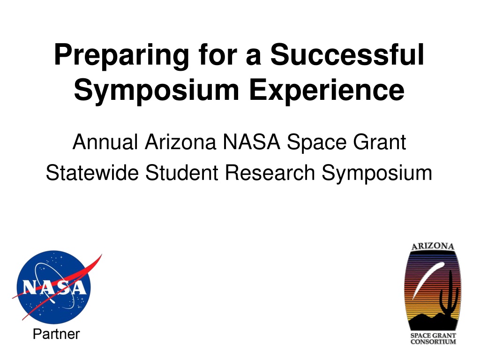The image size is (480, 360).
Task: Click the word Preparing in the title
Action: [x=121, y=56]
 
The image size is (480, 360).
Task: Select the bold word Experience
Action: [x=327, y=91]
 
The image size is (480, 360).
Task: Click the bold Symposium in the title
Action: [x=157, y=91]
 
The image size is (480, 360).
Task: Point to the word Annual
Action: [x=105, y=142]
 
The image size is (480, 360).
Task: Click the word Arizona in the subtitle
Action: [x=180, y=142]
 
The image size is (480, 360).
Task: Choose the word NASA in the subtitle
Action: [x=251, y=142]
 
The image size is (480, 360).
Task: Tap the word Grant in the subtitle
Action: [x=380, y=142]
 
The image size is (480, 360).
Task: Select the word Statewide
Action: [x=92, y=173]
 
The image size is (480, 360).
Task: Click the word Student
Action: [x=182, y=173]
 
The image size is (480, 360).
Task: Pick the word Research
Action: [x=270, y=173]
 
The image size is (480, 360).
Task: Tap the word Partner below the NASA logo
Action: [x=56, y=334]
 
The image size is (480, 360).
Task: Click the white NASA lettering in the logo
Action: [x=54, y=288]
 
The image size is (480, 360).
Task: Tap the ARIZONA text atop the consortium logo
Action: [x=433, y=247]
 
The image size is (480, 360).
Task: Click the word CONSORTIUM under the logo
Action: [x=433, y=342]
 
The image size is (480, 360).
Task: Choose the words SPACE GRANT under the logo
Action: [x=433, y=336]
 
